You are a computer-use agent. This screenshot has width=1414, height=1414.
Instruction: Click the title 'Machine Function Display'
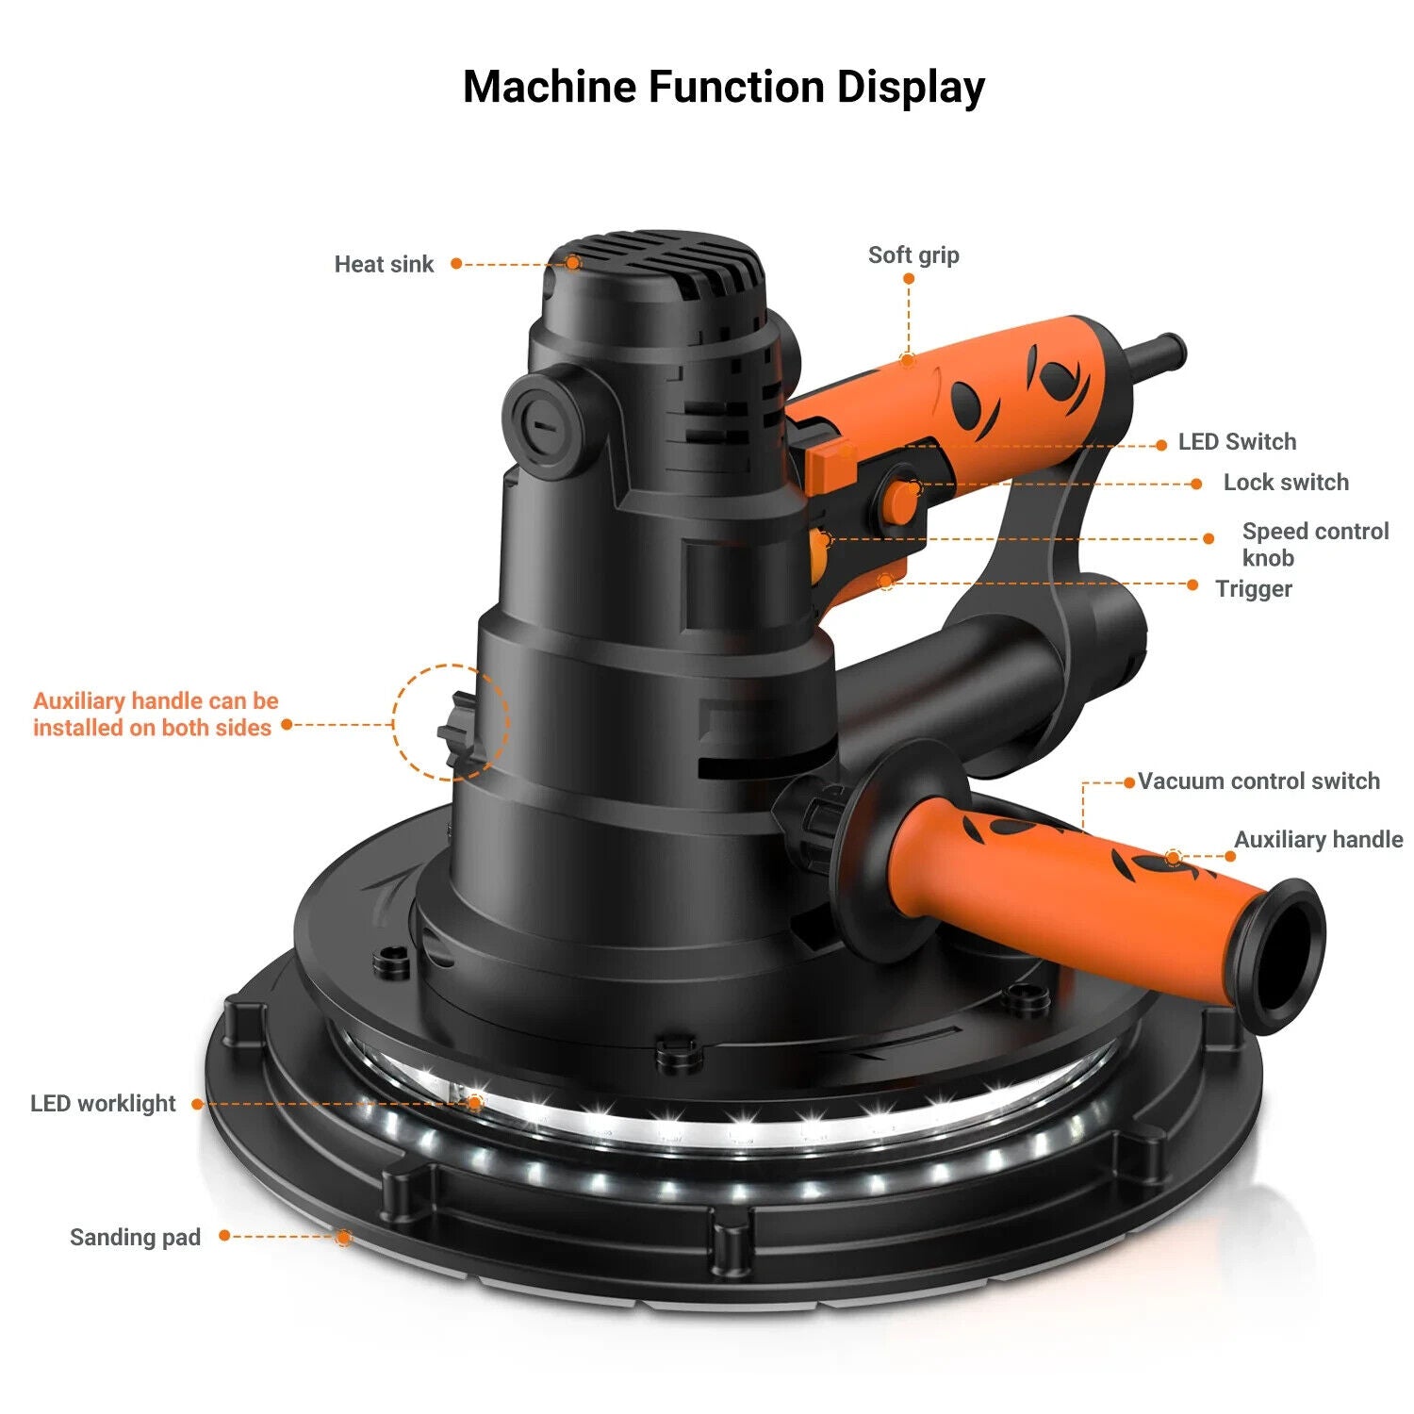723,87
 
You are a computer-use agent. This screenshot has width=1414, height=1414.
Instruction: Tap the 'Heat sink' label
384,264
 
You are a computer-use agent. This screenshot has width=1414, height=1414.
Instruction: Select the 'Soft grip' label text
913,255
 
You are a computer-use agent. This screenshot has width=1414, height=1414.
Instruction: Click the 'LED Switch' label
1237,441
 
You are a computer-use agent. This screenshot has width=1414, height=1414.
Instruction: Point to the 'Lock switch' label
1286,482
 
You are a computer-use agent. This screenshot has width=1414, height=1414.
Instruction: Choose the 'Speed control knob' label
1314,544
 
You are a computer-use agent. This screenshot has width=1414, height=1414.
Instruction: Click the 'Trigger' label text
1253,588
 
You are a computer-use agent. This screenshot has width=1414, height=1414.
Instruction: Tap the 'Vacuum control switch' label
1258,781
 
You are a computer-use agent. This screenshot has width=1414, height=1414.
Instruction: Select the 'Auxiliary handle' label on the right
1318,839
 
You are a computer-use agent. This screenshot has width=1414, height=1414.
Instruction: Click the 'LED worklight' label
103,1103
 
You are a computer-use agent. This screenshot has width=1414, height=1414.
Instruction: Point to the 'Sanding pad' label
135,1237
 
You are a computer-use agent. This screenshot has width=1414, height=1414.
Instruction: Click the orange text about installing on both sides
156,714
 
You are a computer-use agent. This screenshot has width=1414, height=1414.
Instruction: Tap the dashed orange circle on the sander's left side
451,722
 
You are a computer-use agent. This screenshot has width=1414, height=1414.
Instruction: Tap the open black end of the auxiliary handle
1287,954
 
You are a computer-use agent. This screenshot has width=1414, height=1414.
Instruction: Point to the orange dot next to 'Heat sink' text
456,264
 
